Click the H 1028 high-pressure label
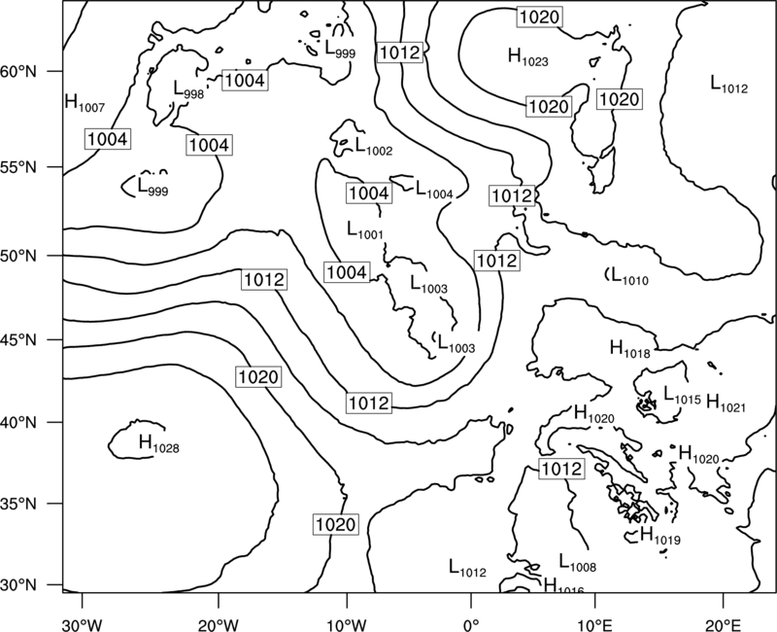(159, 443)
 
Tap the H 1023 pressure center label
(528, 57)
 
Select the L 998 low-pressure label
(188, 89)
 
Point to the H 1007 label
(84, 103)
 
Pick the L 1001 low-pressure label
(365, 230)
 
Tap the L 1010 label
(629, 276)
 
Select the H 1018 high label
(629, 349)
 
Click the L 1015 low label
(683, 396)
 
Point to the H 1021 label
(726, 403)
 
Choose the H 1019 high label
(660, 536)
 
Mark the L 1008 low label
(578, 563)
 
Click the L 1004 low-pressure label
(434, 190)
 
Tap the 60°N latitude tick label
(18, 71)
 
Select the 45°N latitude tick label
(18, 340)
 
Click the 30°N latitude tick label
(18, 585)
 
